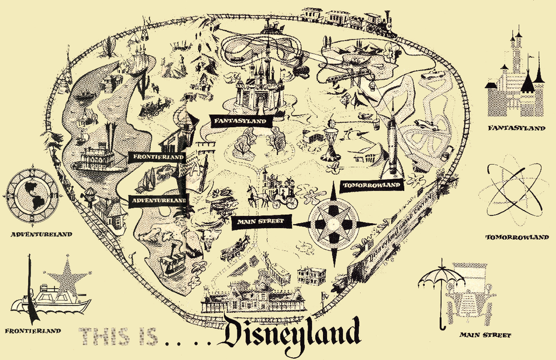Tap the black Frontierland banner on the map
[157, 157]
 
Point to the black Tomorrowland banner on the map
[371, 185]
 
